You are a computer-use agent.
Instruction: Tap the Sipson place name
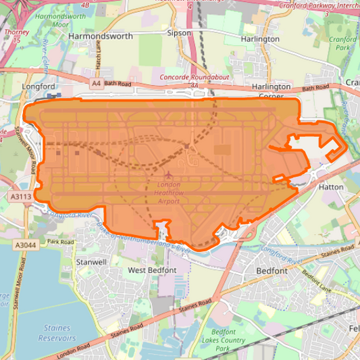(179, 32)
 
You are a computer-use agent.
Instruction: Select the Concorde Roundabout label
(190, 78)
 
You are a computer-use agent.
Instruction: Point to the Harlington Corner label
(271, 91)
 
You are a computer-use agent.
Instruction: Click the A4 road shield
(96, 83)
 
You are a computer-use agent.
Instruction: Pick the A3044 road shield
(24, 245)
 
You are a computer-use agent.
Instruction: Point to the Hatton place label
(332, 186)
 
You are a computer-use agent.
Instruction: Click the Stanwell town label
(92, 261)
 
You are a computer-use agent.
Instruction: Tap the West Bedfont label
(152, 270)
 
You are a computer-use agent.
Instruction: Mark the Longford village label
(38, 86)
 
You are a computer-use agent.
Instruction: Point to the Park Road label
(60, 241)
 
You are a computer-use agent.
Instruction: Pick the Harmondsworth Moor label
(60, 19)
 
